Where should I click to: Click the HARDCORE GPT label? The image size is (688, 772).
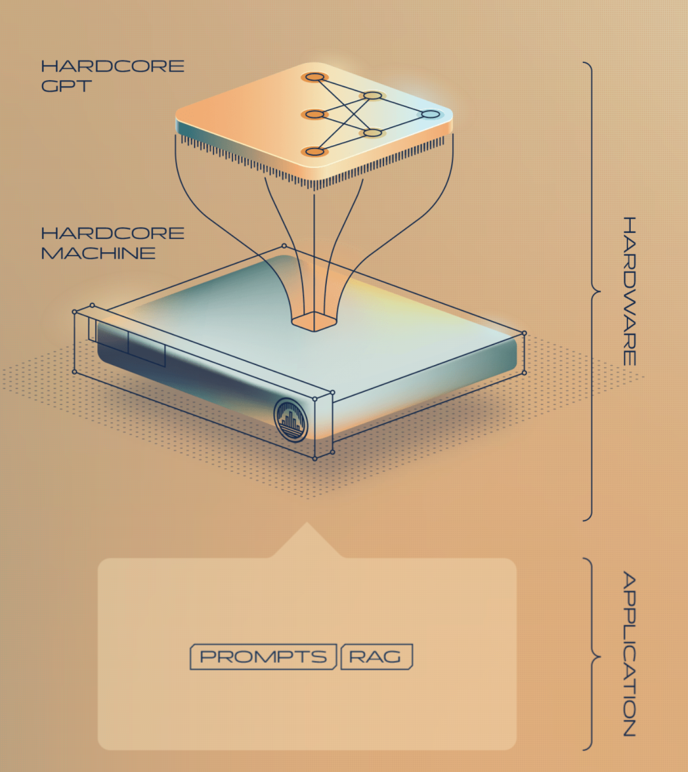(x=112, y=76)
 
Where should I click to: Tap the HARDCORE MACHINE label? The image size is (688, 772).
(x=112, y=243)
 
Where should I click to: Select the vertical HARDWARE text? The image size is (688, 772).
(x=629, y=290)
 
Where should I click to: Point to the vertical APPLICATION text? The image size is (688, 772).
(x=629, y=654)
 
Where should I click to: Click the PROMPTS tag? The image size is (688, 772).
(x=263, y=657)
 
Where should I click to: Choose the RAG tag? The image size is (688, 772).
(x=376, y=657)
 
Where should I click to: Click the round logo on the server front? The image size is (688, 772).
(x=290, y=420)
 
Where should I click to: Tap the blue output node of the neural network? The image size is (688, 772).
(x=431, y=114)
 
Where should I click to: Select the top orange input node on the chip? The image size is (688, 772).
(x=314, y=77)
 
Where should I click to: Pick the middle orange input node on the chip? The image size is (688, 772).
(x=314, y=114)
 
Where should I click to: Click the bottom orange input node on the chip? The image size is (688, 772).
(x=314, y=151)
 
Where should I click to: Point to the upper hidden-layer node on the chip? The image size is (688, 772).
(x=373, y=96)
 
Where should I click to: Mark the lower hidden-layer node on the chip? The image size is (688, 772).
(x=373, y=132)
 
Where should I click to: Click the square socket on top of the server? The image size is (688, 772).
(x=313, y=320)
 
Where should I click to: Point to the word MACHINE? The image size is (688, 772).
(x=98, y=253)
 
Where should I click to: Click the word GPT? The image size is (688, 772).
(x=66, y=86)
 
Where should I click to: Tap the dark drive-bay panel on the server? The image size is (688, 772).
(x=131, y=347)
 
